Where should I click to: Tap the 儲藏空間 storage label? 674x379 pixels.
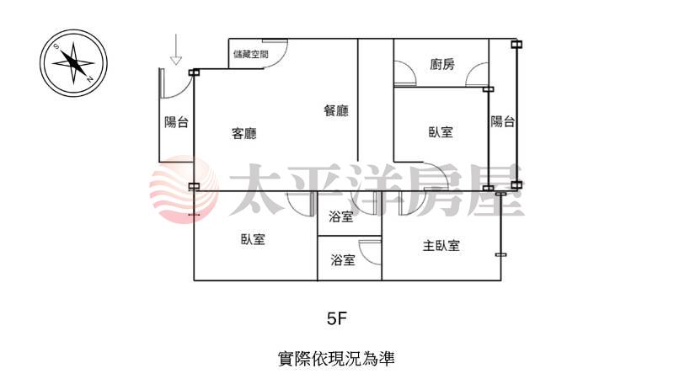click(251, 54)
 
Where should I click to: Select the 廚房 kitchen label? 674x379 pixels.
click(442, 64)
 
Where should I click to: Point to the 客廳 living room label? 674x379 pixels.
click(244, 132)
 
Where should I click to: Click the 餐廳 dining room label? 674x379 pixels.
click(335, 110)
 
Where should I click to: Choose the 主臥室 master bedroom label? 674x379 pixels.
click(441, 246)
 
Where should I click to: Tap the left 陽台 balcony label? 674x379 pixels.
click(176, 122)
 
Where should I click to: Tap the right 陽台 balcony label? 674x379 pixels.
click(503, 122)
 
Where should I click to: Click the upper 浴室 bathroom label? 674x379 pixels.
click(342, 217)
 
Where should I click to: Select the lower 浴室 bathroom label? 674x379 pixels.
click(342, 260)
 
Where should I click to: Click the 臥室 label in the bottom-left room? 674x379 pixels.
click(253, 239)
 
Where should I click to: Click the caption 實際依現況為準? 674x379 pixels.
click(336, 358)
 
